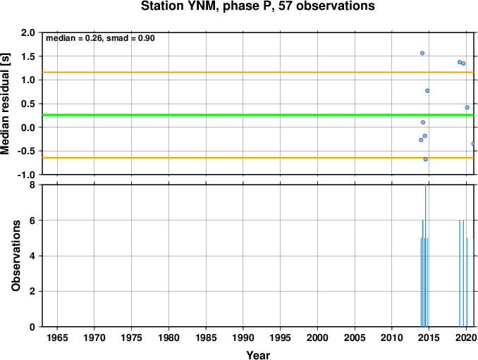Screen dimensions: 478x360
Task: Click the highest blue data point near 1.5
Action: pos(422,54)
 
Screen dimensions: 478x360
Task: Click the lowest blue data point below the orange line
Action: pos(426,159)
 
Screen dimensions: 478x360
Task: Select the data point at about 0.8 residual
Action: pos(427,91)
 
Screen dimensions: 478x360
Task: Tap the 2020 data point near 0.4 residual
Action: pos(467,108)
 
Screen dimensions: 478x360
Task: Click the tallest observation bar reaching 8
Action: pos(426,256)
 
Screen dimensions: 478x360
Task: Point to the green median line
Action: pos(258,115)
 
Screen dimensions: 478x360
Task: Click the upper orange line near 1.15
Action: pos(258,72)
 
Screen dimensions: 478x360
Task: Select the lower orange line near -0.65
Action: pos(258,158)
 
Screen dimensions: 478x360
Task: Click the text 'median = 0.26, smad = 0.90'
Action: pos(100,38)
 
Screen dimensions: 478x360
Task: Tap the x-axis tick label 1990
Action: pos(243,338)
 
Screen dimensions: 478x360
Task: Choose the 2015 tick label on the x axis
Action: pos(429,338)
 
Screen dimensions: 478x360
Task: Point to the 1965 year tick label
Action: pos(57,338)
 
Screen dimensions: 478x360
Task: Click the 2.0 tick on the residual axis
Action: pos(28,32)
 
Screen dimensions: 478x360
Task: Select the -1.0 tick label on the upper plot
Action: pos(26,175)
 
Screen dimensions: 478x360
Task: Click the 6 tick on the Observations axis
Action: pos(32,221)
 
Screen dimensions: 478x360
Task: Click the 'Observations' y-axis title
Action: pos(16,256)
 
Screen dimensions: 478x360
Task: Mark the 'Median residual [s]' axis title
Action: pos(5,104)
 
